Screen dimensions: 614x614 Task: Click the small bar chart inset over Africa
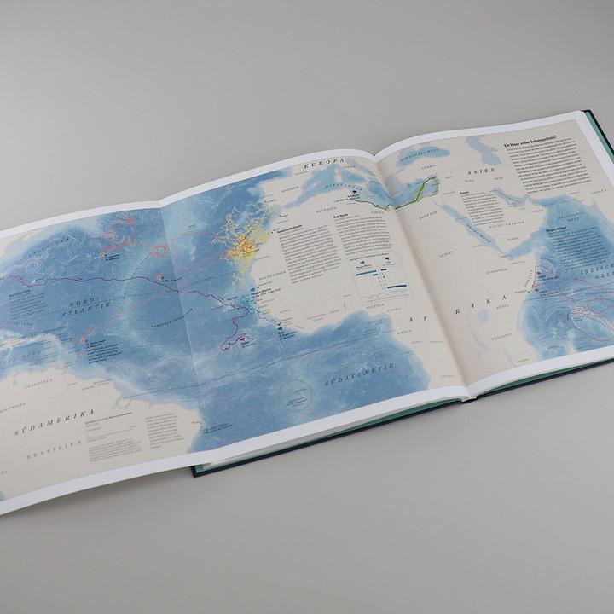point(381,275)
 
